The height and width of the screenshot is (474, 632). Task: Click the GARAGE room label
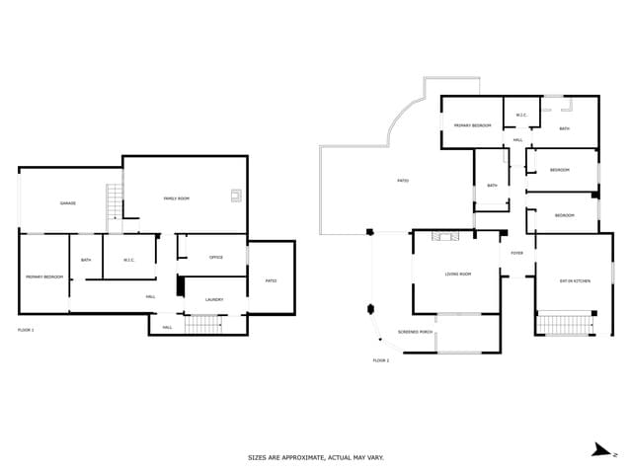pos(67,203)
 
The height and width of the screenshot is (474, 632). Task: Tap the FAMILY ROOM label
pos(177,198)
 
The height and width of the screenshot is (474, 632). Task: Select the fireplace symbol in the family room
pos(236,195)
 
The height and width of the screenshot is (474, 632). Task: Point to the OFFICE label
pos(216,258)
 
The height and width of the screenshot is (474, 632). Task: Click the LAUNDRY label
pos(214,299)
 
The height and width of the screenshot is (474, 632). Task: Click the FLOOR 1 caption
pos(26,329)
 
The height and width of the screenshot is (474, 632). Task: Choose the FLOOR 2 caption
pos(381,360)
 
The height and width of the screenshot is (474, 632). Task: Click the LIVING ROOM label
pos(457,274)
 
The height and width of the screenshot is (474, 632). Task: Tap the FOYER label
pos(517,253)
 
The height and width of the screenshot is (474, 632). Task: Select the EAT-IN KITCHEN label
pos(575,281)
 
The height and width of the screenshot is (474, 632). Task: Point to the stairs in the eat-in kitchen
pos(566,323)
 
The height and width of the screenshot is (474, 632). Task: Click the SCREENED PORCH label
pos(415,332)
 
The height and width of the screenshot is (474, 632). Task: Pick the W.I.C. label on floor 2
pos(521,116)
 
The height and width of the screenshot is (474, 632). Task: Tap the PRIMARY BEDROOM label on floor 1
pos(44,277)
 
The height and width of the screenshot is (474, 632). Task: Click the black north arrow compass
pos(601,450)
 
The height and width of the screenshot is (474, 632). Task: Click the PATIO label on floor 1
pos(271,280)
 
